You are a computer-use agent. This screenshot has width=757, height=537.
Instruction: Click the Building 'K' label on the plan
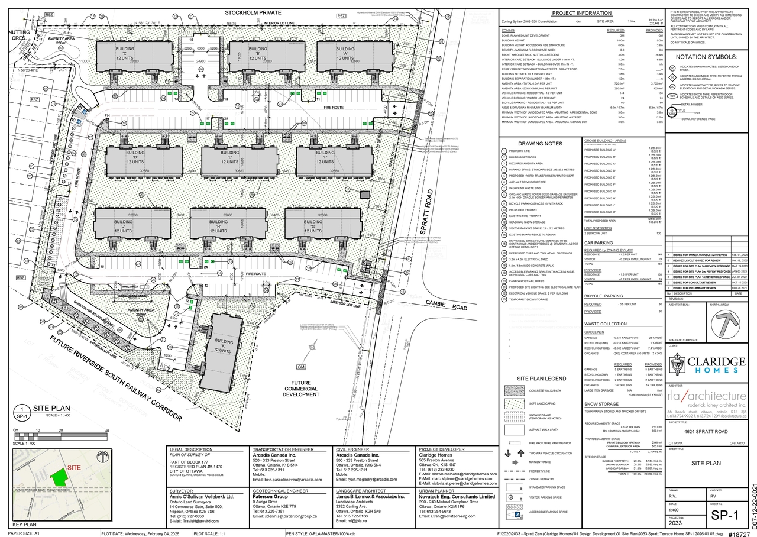pos(224,346)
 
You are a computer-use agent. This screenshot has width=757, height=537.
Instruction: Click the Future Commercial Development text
pos(300,388)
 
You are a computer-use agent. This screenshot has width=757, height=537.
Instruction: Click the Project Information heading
pos(581,13)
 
